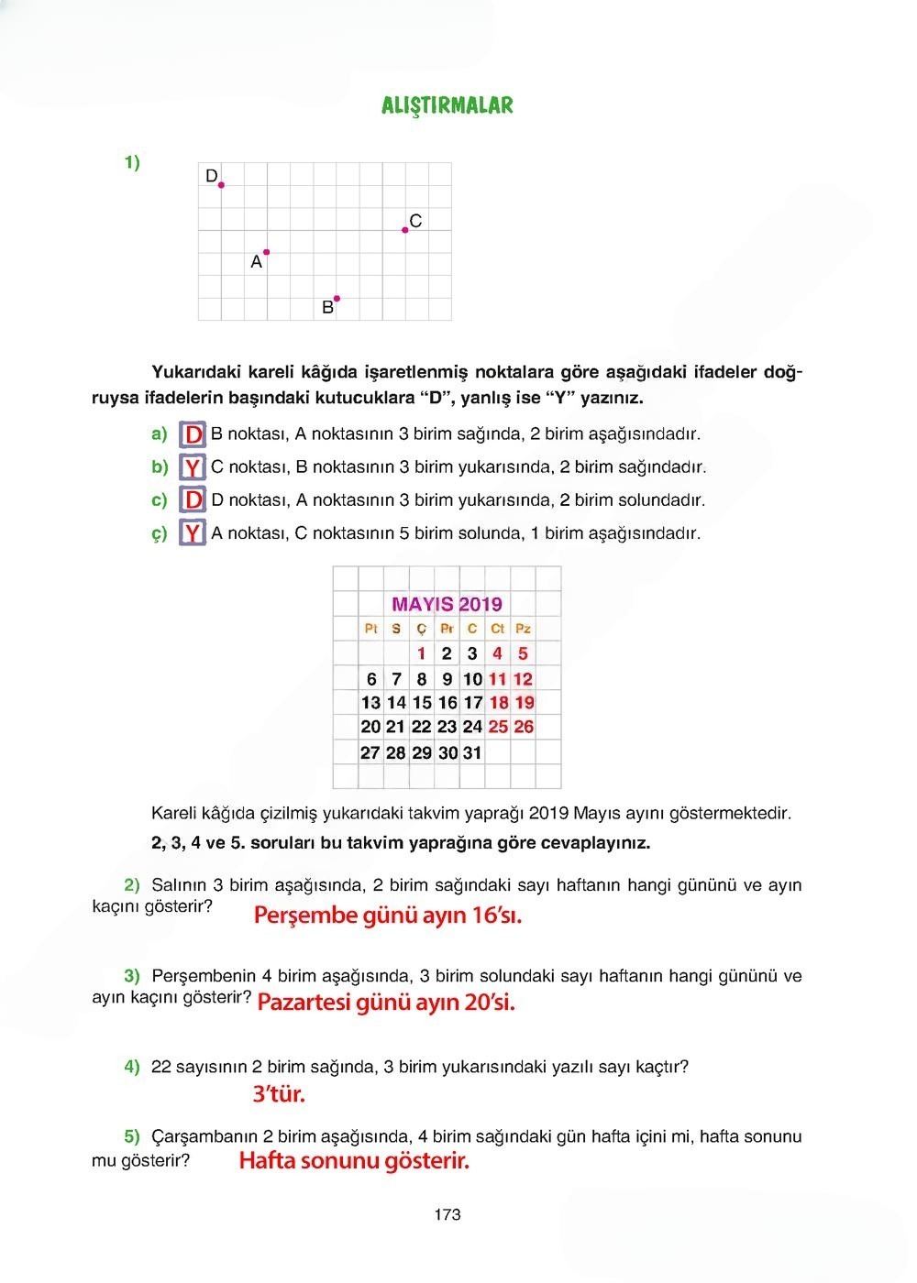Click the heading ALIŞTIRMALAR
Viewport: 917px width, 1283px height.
pyautogui.click(x=447, y=105)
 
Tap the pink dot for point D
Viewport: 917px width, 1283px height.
pyautogui.click(x=221, y=184)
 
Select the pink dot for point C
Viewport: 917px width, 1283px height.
pyautogui.click(x=405, y=230)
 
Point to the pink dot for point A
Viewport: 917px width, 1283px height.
pyautogui.click(x=267, y=252)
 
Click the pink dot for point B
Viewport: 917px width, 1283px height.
pyautogui.click(x=337, y=298)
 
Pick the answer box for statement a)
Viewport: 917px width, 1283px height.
pyautogui.click(x=193, y=434)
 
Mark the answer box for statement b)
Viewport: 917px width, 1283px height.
pyautogui.click(x=193, y=467)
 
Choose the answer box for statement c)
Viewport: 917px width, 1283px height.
pyautogui.click(x=193, y=500)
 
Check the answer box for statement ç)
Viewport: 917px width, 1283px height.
pyautogui.click(x=193, y=533)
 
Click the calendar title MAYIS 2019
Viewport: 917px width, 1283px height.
pyautogui.click(x=447, y=604)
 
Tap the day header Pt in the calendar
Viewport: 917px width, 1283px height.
pyautogui.click(x=370, y=629)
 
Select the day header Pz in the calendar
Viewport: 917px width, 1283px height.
pyautogui.click(x=523, y=629)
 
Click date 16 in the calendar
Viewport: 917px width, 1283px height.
pyautogui.click(x=447, y=703)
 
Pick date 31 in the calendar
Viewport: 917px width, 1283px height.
pyautogui.click(x=472, y=752)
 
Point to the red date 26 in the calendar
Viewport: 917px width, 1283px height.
pyautogui.click(x=524, y=727)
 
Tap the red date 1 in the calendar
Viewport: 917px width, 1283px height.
pyautogui.click(x=421, y=653)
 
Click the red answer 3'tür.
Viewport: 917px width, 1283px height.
pyautogui.click(x=279, y=1094)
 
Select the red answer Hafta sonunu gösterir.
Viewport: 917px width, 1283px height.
pyautogui.click(x=354, y=1161)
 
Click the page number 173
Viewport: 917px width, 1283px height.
pyautogui.click(x=447, y=1215)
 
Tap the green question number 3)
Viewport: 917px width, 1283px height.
pyautogui.click(x=132, y=976)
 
